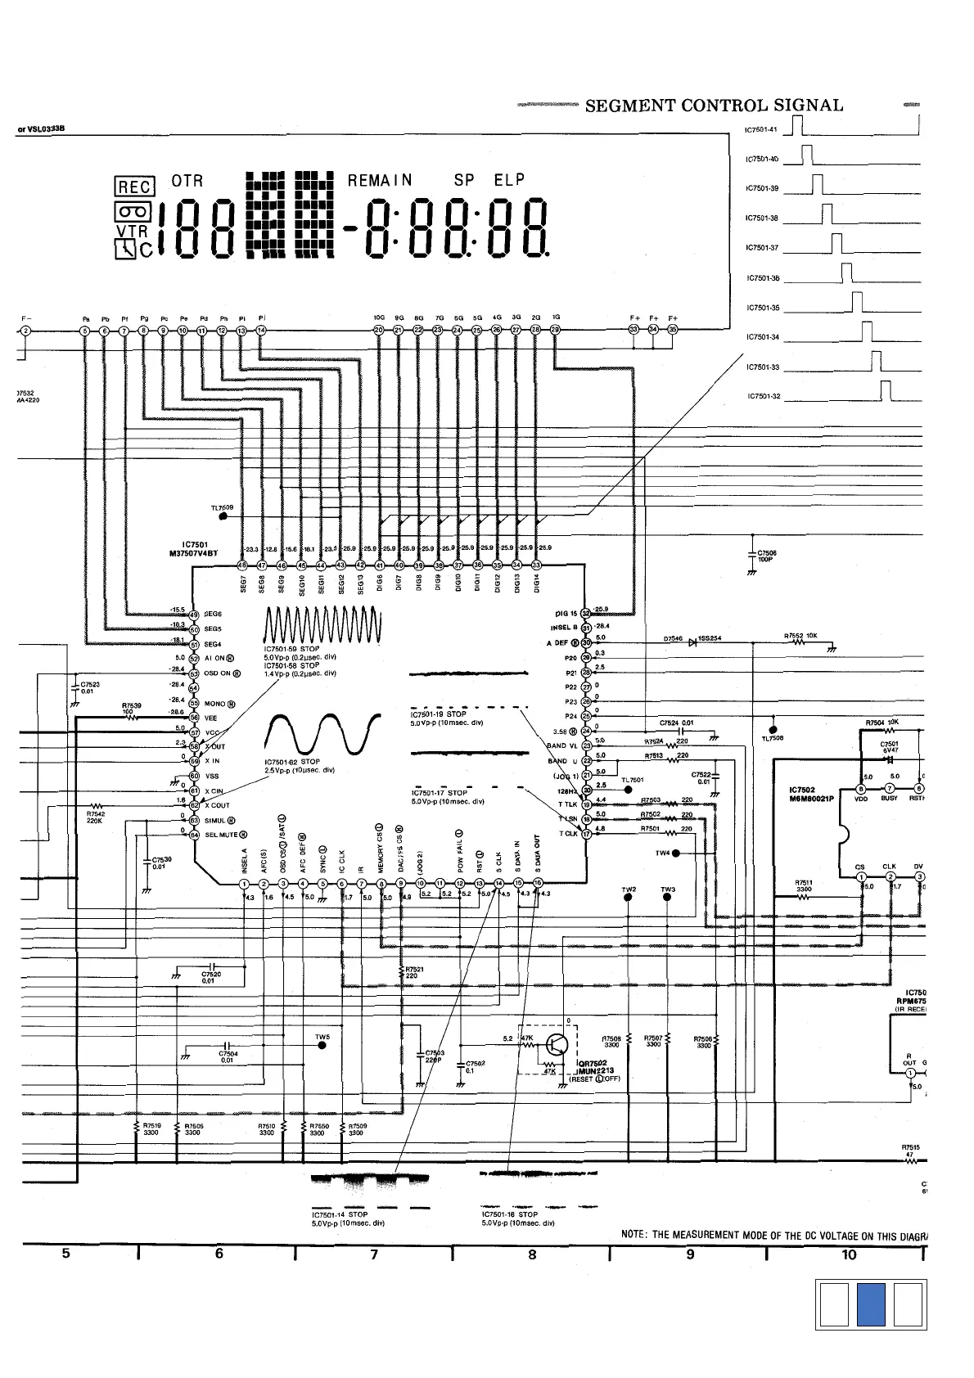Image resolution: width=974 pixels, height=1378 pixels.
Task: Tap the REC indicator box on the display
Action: (134, 187)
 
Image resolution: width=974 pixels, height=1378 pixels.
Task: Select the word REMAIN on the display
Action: (380, 180)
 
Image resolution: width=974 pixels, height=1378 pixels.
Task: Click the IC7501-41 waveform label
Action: (761, 130)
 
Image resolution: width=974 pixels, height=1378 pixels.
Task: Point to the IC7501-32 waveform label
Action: (764, 397)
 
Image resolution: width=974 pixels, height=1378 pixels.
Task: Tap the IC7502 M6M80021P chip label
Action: (811, 794)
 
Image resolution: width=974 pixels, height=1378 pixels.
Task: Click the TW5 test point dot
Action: (322, 1046)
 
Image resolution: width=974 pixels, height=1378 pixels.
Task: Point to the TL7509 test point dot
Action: (223, 516)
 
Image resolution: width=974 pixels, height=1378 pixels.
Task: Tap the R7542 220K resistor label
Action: (97, 817)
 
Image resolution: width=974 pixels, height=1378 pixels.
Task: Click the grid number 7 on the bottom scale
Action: (374, 1254)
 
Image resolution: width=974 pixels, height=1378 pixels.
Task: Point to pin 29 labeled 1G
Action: (556, 330)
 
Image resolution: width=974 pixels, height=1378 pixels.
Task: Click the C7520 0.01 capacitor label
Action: (211, 978)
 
